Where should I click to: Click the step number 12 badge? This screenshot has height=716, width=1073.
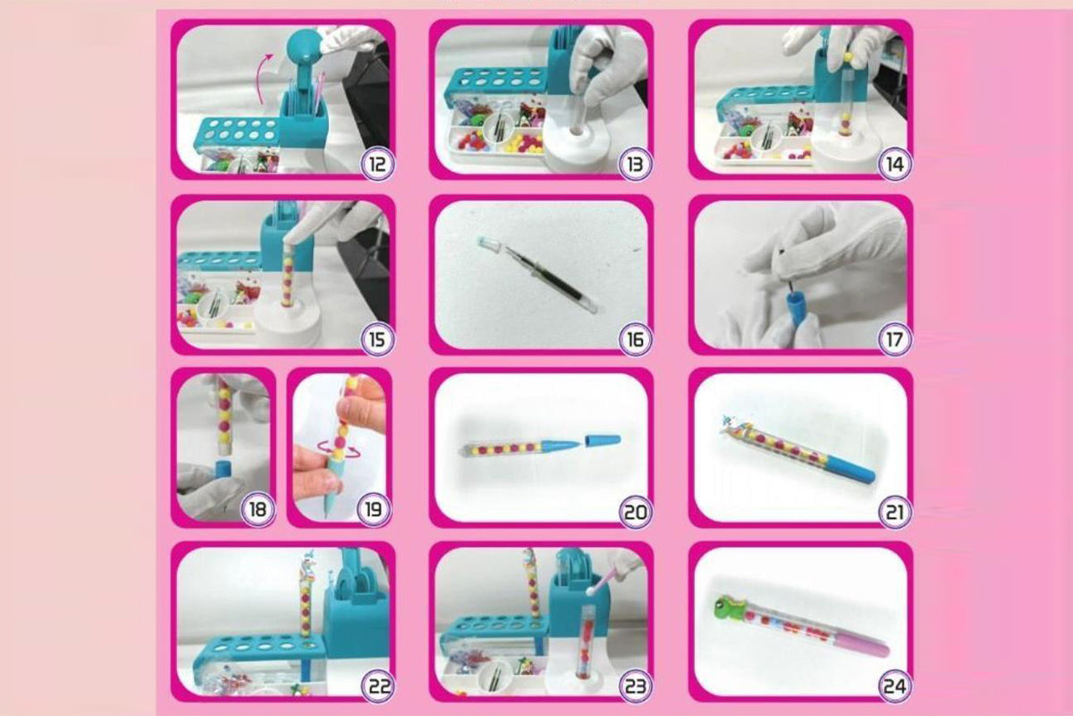[x=377, y=165]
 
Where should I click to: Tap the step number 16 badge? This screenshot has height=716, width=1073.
[x=635, y=339]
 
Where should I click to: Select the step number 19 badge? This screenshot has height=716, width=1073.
[x=374, y=509]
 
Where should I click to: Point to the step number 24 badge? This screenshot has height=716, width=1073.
[x=894, y=686]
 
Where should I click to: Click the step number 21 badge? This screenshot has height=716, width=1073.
[x=894, y=512]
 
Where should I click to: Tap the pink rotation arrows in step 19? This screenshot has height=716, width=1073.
[x=339, y=449]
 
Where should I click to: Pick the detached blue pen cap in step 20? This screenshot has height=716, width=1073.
[x=603, y=440]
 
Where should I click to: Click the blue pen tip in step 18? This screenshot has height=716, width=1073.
[x=223, y=470]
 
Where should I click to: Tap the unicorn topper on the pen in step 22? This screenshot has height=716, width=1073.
[x=307, y=567]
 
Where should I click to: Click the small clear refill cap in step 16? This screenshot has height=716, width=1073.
[x=490, y=243]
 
